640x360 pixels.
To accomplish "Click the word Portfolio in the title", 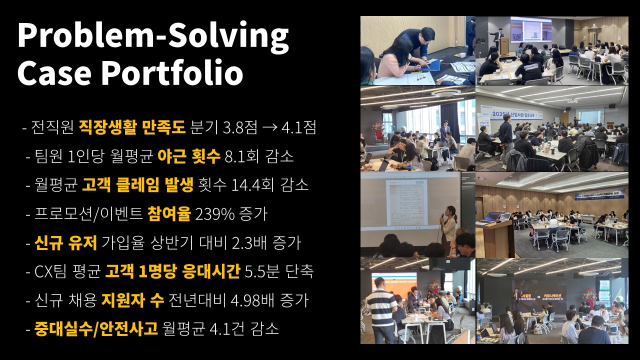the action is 172,72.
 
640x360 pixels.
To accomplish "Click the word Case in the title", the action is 54,72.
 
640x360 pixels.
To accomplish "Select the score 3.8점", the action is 240,127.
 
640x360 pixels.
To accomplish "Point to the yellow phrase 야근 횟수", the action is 189,156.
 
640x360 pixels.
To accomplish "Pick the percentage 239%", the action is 214,214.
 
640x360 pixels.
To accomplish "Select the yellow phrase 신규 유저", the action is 65,243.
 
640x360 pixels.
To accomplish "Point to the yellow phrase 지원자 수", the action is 133,300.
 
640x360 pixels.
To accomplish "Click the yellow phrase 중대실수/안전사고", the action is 96,329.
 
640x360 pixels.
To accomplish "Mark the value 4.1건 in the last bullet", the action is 227,329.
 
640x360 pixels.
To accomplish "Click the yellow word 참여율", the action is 169,214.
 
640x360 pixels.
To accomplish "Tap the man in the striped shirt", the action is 380,311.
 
